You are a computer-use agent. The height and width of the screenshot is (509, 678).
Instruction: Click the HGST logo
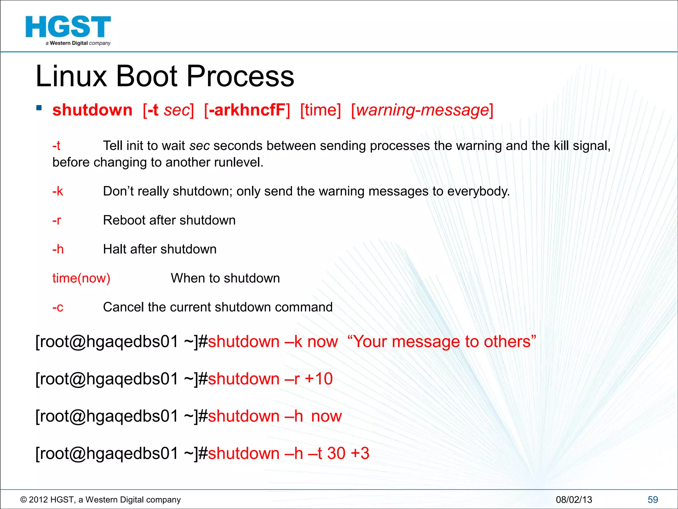[68, 30]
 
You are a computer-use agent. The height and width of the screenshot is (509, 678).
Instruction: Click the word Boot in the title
[147, 76]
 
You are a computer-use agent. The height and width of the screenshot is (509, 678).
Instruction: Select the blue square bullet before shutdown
[39, 108]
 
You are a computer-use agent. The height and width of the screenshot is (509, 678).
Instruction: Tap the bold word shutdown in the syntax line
[92, 110]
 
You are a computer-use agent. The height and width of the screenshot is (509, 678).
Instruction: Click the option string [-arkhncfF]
[247, 110]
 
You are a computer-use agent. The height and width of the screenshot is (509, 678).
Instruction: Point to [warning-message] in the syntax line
[422, 110]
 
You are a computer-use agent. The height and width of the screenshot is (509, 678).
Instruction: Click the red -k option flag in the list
[58, 191]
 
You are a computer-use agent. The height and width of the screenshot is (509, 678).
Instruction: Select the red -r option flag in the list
[57, 220]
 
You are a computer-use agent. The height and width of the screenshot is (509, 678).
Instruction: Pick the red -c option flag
[58, 307]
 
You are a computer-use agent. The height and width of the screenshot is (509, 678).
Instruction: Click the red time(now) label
[81, 278]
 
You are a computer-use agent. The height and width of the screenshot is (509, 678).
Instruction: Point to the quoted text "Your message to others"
[442, 342]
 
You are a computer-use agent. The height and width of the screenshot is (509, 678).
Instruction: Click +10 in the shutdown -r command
[318, 379]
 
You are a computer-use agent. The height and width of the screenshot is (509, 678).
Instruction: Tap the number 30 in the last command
[336, 453]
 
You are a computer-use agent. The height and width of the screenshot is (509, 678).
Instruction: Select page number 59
[653, 500]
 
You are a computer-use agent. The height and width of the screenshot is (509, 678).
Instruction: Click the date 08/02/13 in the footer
[574, 500]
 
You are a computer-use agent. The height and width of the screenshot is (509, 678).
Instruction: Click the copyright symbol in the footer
[24, 500]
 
